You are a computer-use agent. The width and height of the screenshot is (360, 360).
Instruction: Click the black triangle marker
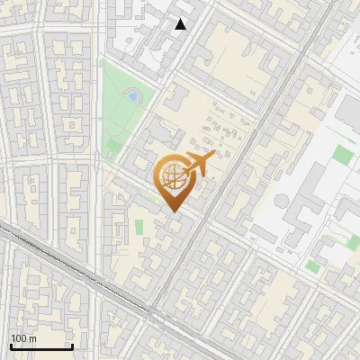point(181,24)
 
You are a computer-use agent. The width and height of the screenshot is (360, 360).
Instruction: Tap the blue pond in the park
point(133,94)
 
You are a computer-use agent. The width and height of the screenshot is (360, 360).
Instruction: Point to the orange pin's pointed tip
point(173,212)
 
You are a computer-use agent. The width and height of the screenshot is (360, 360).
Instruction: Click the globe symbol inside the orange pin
point(172,176)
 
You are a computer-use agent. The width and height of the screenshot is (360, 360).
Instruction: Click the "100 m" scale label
point(23,338)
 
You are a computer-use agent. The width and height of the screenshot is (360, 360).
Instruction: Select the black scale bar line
point(40,346)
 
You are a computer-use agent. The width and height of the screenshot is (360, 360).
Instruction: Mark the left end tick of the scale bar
point(10,345)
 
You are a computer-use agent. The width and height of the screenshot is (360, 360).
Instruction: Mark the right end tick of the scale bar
point(72,345)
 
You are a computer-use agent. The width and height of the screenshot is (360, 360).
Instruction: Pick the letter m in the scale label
point(32,338)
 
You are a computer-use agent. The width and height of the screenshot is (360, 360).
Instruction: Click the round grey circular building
point(280,200)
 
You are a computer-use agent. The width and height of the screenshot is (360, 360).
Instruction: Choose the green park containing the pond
point(122,108)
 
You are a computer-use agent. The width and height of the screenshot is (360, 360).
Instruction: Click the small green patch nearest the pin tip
point(139,227)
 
